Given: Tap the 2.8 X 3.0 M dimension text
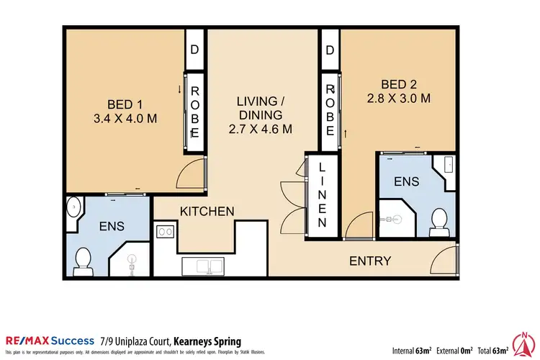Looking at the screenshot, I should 398,99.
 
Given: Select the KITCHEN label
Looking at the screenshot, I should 207,211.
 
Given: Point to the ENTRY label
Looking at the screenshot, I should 370,261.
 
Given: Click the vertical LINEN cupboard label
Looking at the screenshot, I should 322,194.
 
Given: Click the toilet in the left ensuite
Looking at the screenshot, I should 83,258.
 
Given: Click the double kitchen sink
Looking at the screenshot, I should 204,266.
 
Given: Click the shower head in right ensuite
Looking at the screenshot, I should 390,214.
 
